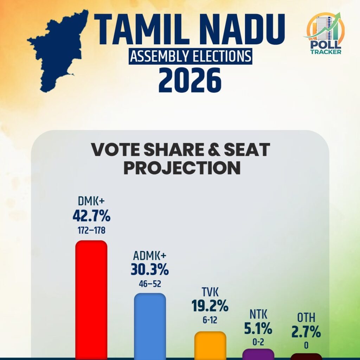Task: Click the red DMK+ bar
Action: click(x=91, y=299)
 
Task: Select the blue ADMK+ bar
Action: click(x=150, y=325)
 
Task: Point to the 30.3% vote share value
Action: click(x=150, y=270)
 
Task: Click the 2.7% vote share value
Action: click(x=306, y=332)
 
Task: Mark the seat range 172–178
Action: click(x=91, y=231)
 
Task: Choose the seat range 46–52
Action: click(x=150, y=284)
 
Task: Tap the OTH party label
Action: click(x=306, y=319)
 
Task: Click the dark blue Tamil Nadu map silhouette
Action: click(x=56, y=53)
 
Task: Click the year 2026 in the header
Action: click(x=190, y=80)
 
